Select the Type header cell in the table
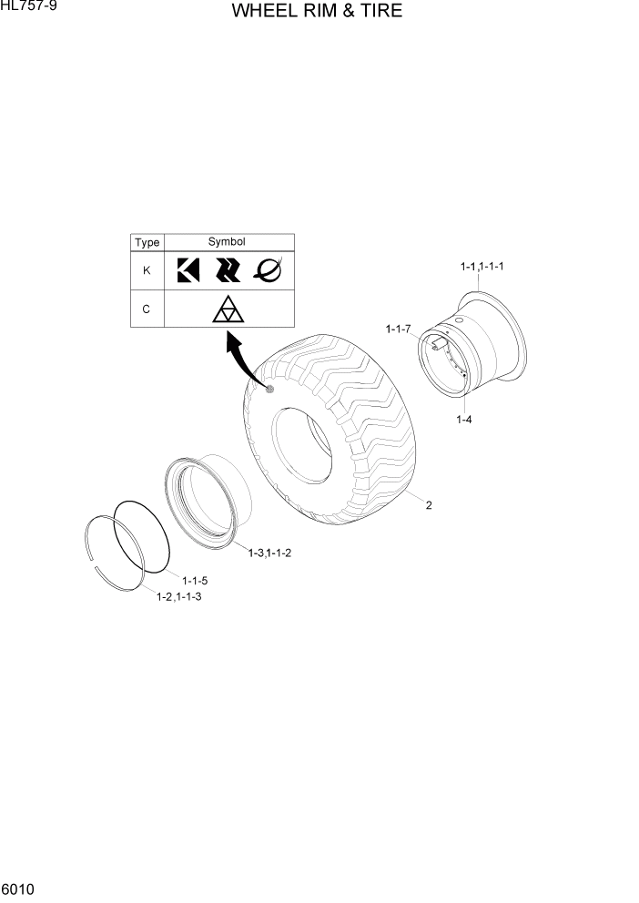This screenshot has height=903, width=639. [x=147, y=243]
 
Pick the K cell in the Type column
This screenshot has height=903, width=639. [x=147, y=270]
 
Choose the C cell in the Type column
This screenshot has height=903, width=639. [x=147, y=309]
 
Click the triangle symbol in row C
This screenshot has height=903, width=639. [x=228, y=309]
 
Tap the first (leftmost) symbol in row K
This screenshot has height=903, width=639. [x=188, y=270]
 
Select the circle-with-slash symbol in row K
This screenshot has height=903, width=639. [x=268, y=269]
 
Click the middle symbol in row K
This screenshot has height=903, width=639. [x=227, y=270]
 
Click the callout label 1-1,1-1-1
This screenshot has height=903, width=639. [x=482, y=267]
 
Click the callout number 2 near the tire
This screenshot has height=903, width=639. [x=428, y=506]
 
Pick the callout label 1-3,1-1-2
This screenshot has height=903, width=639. [x=269, y=553]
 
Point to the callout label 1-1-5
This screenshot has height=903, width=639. [x=195, y=581]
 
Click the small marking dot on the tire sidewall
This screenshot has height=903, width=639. [x=269, y=390]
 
